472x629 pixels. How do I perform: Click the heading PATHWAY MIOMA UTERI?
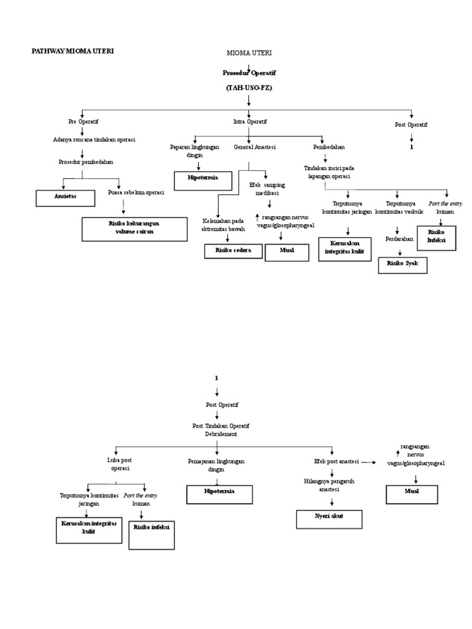pos(73,52)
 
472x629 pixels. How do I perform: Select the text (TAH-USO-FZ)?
pos(249,88)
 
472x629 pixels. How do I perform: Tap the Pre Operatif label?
pos(84,122)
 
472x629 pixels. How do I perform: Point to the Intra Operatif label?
pos(250,122)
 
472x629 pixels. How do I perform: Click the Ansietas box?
pos(66,198)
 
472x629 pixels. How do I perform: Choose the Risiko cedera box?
pos(233,251)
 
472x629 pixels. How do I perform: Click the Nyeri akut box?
pos(326,517)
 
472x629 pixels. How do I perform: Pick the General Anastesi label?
pos(254,147)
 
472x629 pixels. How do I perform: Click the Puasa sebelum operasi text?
pos(136,192)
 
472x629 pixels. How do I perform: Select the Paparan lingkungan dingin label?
pos(195,152)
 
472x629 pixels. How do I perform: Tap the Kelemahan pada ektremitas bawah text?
pos(224,225)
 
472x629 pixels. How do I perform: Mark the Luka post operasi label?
pos(120,464)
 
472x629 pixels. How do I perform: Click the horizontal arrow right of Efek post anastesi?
pos(368,461)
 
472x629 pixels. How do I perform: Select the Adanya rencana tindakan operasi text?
pos(94,140)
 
